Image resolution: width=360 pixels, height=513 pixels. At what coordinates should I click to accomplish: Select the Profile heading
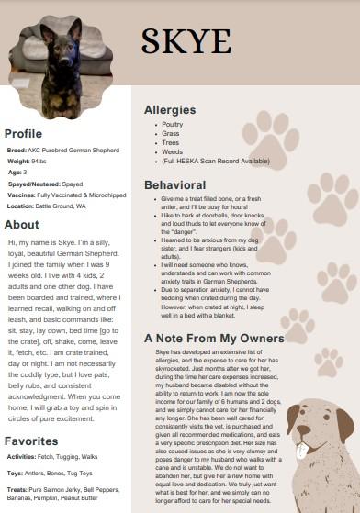click(x=23, y=133)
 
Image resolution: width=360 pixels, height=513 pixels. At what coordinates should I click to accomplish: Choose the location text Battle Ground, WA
click(x=61, y=206)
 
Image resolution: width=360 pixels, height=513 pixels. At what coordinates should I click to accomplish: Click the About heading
click(x=21, y=224)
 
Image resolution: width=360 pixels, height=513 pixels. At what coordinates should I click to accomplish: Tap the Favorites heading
click(x=32, y=441)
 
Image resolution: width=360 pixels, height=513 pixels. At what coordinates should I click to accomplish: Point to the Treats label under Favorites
click(x=15, y=490)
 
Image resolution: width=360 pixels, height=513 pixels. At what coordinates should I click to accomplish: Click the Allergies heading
click(x=170, y=110)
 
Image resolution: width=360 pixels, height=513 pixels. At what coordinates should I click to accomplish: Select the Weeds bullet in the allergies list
click(x=172, y=153)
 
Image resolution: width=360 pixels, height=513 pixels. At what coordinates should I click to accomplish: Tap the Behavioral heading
click(x=174, y=184)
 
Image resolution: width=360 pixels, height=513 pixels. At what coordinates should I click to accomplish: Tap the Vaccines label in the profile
click(x=20, y=195)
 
